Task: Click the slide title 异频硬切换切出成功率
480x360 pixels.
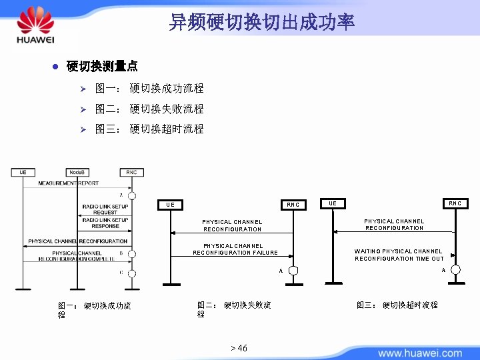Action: click(x=261, y=22)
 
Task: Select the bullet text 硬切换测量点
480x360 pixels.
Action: click(x=102, y=66)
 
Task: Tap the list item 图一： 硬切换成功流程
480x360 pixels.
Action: click(x=149, y=89)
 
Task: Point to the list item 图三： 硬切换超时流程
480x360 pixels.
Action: click(x=149, y=129)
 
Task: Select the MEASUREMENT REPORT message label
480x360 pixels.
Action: click(x=68, y=183)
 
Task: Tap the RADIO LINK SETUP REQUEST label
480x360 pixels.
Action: click(x=105, y=209)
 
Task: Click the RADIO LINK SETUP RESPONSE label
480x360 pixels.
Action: click(x=105, y=223)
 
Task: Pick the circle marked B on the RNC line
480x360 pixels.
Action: click(x=132, y=254)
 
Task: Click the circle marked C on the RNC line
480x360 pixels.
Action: click(x=132, y=273)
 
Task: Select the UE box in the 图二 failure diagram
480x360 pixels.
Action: click(x=171, y=205)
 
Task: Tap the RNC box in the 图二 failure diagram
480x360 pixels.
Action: click(x=293, y=205)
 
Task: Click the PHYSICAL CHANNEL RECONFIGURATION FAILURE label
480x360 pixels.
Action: click(x=235, y=249)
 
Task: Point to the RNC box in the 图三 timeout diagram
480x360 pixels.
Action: click(x=455, y=203)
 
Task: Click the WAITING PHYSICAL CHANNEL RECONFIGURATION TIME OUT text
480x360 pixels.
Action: click(x=399, y=255)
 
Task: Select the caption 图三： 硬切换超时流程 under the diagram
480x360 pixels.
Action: click(x=397, y=305)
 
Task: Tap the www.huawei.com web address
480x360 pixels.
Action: click(x=419, y=353)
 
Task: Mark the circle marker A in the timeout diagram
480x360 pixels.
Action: click(x=455, y=269)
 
